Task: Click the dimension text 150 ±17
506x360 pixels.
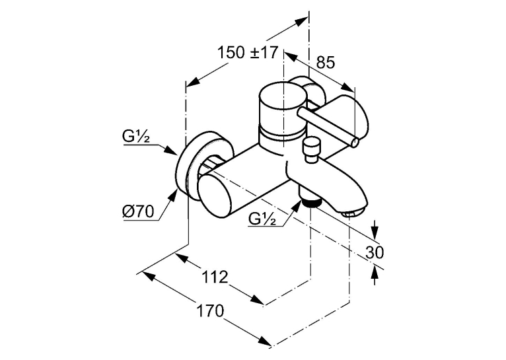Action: tap(248, 53)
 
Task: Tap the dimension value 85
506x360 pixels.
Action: tap(325, 63)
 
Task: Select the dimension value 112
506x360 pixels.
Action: tap(215, 277)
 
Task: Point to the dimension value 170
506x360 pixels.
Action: tap(210, 311)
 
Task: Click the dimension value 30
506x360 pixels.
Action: tap(375, 252)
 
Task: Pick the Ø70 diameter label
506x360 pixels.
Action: tap(138, 211)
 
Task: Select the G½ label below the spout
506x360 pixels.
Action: tap(262, 219)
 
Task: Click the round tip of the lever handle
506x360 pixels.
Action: tap(355, 143)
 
